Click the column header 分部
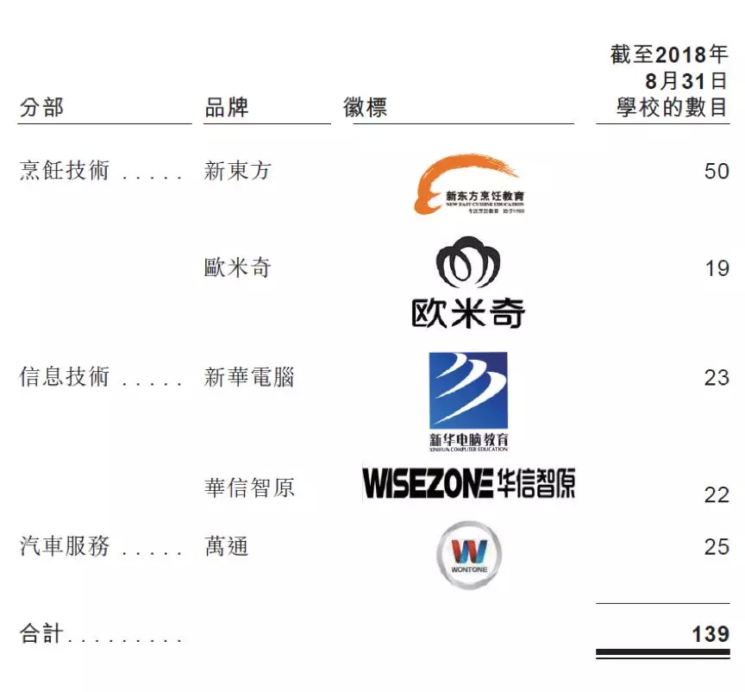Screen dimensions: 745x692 point(41,109)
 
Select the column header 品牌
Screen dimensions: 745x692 point(227,109)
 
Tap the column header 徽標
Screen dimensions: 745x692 point(366,109)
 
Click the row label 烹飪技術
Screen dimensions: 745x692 point(65,171)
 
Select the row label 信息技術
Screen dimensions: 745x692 point(65,377)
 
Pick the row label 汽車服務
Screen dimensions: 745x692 point(65,546)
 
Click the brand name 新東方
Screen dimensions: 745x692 point(238,171)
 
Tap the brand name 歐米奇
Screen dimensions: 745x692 point(238,268)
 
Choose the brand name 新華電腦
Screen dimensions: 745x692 point(249,377)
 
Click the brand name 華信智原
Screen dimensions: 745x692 point(249,488)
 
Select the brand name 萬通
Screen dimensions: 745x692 point(227,546)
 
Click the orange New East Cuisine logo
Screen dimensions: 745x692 point(469,184)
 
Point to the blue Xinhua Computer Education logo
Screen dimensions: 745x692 point(468,399)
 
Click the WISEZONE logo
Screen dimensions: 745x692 point(468,484)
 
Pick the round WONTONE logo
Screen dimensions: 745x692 point(468,554)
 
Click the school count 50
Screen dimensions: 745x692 point(717,171)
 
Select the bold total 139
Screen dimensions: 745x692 point(711,634)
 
